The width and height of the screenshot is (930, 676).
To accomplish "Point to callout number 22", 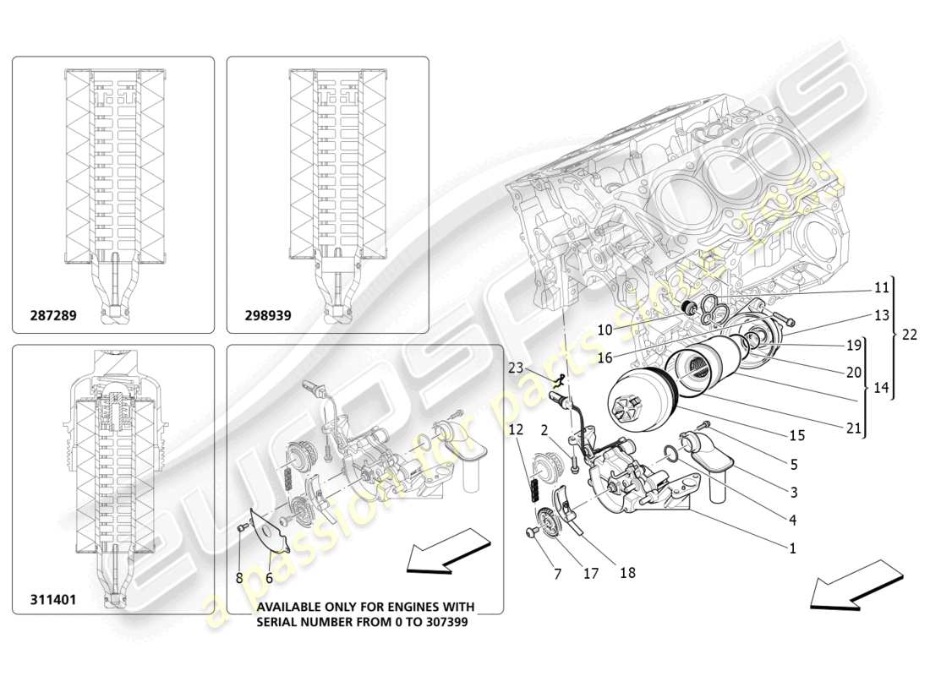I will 909,334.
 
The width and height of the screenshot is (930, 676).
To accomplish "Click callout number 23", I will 517,368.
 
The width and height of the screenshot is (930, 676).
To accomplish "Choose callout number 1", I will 792,548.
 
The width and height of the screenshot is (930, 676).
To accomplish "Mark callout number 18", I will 627,573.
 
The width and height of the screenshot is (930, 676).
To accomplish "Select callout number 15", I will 796,435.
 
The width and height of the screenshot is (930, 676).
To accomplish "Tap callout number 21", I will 853,428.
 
